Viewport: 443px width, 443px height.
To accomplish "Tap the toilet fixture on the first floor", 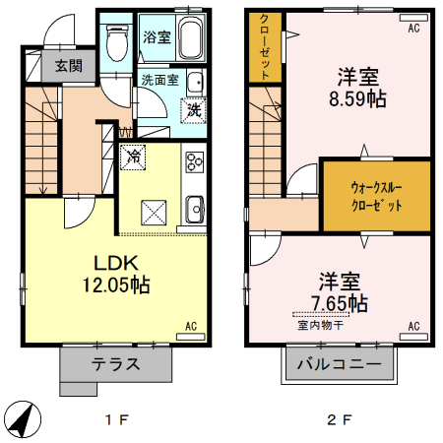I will [x=116, y=40].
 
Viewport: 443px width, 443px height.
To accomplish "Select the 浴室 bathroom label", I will [x=156, y=38].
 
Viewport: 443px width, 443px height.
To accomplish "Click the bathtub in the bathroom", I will [x=187, y=38].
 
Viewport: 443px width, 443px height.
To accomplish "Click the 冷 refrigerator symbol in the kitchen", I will [x=133, y=155].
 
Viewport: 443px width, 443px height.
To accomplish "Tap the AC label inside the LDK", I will [x=193, y=326].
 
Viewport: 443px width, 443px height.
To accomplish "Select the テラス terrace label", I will [x=116, y=363].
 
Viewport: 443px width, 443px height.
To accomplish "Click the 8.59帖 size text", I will [x=356, y=98].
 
